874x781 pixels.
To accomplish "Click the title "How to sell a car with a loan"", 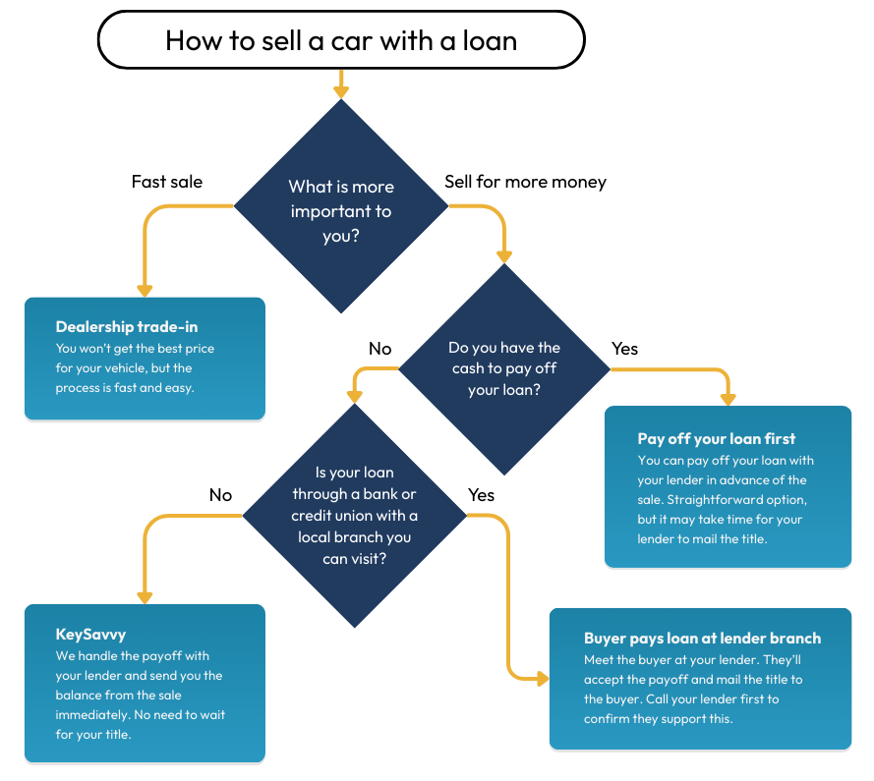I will click(x=341, y=40).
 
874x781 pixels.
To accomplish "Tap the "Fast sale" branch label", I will click(x=167, y=182).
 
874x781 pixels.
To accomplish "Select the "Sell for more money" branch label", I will click(x=525, y=182).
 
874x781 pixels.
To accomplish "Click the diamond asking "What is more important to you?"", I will click(x=341, y=209).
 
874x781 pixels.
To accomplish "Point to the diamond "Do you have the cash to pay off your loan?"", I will click(x=504, y=368).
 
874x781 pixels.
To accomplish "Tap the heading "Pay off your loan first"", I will click(x=717, y=438).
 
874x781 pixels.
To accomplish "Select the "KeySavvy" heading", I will click(x=91, y=635).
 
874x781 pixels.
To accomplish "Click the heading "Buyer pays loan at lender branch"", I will click(x=702, y=639).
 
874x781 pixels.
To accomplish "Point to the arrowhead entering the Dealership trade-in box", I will click(x=145, y=290).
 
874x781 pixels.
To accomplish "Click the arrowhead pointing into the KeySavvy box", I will click(x=145, y=596).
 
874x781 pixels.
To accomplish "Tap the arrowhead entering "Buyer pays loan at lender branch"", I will click(x=541, y=678).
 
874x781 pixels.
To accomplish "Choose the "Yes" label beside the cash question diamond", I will click(x=624, y=349).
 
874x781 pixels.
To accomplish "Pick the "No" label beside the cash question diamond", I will click(x=379, y=349).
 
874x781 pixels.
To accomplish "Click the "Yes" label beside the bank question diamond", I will click(x=482, y=494).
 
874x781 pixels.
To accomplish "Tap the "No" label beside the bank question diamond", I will click(x=220, y=494).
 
